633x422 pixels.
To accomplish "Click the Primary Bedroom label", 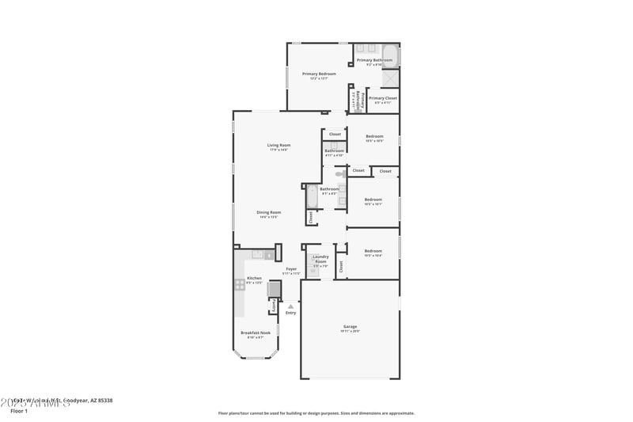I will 319,74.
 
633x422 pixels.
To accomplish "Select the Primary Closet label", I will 383,99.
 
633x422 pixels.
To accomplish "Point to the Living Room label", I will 279,145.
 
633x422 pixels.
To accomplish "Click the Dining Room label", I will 269,212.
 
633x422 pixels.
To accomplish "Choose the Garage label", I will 350,326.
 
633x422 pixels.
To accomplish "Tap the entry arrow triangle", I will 290,306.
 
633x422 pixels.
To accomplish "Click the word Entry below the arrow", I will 290,313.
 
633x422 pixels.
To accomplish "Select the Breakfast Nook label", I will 256,333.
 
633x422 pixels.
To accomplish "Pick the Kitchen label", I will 254,278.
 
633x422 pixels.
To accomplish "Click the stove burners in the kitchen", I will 238,285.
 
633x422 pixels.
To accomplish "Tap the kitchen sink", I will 257,254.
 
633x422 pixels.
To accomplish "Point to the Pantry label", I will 274,305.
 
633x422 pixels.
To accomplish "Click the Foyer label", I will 291,269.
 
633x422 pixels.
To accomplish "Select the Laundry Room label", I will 320,258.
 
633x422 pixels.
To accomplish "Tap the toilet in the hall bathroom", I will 339,173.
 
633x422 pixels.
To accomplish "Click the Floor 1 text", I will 19,411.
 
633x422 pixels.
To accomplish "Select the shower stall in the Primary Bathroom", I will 391,78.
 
